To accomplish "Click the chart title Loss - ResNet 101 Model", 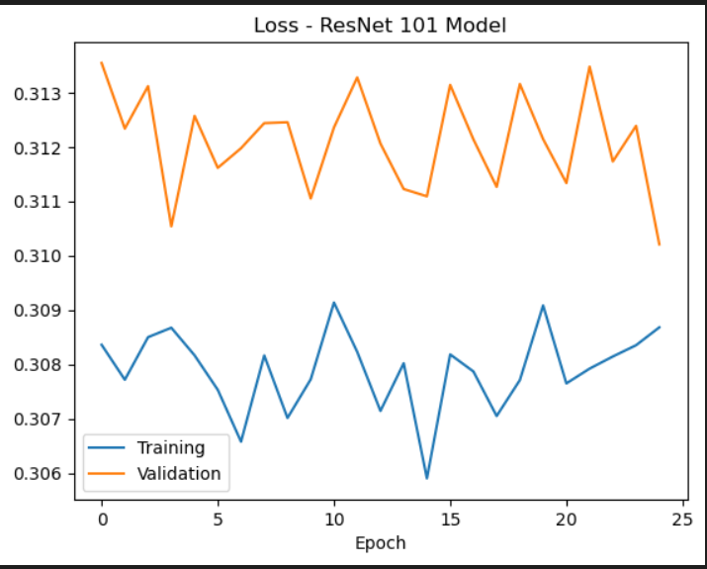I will click(x=380, y=26).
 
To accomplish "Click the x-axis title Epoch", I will click(x=381, y=542).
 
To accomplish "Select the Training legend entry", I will click(x=170, y=448).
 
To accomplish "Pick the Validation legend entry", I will click(x=178, y=473).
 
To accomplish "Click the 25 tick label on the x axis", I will click(x=682, y=519).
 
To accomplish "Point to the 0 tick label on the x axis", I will click(x=102, y=519).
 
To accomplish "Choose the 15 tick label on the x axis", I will click(x=450, y=519).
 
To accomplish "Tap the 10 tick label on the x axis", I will click(x=334, y=519).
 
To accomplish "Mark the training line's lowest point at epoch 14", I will click(x=427, y=478).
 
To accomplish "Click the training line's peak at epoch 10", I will click(x=334, y=303).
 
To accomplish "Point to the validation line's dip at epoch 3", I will click(x=171, y=226).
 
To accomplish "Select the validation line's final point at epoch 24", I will click(x=659, y=244).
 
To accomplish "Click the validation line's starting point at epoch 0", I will click(x=102, y=63).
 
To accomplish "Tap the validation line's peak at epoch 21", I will click(x=589, y=67).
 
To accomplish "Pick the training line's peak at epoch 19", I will click(x=543, y=306).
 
